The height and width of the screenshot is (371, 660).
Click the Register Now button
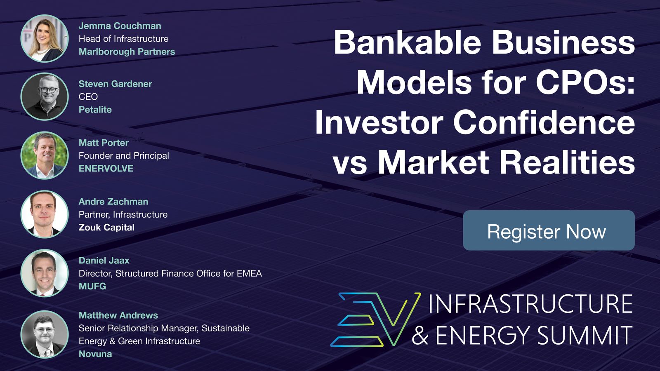[549, 230]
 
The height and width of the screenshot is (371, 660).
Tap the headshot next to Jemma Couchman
[45, 38]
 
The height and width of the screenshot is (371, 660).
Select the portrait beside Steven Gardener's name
[45, 96]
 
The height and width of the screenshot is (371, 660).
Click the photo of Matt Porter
[45, 155]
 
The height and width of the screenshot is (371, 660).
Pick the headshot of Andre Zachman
[45, 214]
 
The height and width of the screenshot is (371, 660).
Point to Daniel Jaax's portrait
[45, 273]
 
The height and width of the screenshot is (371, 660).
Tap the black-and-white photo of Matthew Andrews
[45, 334]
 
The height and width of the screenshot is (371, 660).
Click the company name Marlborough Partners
[127, 52]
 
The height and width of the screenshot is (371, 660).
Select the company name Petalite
[95, 110]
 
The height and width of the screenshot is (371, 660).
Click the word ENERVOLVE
[106, 169]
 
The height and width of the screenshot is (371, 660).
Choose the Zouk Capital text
[106, 227]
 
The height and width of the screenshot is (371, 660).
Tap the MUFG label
[92, 286]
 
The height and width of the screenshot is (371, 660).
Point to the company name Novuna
[95, 354]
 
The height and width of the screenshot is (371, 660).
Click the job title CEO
[88, 96]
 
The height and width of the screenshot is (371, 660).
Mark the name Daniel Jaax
[104, 261]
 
